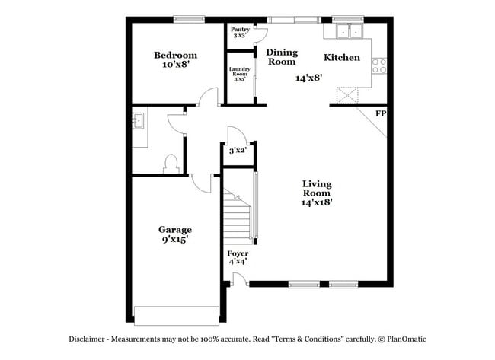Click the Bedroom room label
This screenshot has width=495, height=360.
(x=175, y=55)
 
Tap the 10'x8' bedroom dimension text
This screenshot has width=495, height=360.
(x=175, y=65)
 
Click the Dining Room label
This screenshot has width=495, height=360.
(x=282, y=57)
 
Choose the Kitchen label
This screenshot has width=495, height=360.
(x=342, y=57)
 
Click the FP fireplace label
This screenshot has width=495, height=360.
(x=380, y=113)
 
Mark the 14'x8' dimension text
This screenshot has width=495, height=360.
(x=310, y=77)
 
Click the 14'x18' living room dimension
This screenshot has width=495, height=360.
(x=317, y=202)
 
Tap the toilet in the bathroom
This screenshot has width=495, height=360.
(x=171, y=163)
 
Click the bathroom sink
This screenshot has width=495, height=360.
(x=139, y=121)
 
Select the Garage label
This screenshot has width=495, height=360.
(x=174, y=229)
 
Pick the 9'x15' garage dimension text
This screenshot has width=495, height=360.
(x=174, y=239)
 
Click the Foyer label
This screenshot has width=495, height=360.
(x=238, y=253)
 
